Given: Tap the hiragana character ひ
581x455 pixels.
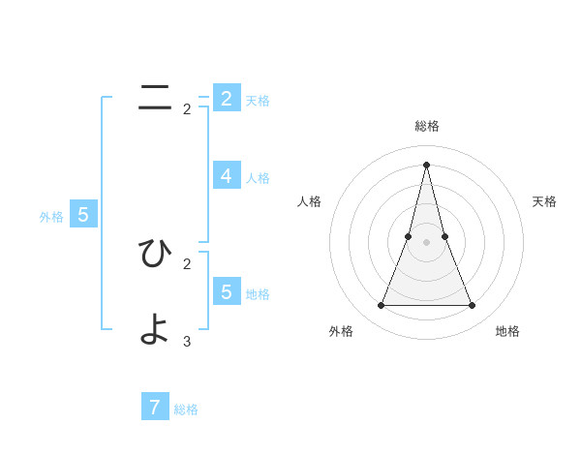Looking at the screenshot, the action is click(155, 253).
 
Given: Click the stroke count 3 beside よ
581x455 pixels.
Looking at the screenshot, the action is click(187, 341).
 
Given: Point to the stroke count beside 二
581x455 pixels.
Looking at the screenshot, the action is click(187, 109).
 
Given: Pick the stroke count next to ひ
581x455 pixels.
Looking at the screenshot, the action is click(187, 263).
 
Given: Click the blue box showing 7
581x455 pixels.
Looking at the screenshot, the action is click(154, 408).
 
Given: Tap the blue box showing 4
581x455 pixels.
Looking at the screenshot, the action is click(226, 175).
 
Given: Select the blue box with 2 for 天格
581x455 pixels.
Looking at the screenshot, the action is click(226, 98).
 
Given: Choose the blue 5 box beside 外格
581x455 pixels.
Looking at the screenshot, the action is click(82, 215).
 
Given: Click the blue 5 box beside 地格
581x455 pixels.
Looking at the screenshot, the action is click(226, 291).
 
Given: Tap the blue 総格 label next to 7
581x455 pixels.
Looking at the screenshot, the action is click(186, 409).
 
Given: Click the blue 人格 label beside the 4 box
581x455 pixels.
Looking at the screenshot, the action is click(258, 178).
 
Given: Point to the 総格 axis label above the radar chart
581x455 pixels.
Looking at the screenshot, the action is click(427, 126).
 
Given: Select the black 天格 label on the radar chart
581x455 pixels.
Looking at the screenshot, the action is click(544, 201).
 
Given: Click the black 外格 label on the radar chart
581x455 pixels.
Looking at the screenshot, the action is click(341, 331).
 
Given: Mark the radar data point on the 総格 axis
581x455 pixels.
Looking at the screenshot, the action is click(426, 164).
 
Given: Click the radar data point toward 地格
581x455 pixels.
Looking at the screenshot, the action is click(473, 306).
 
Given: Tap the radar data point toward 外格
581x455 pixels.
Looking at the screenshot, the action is click(381, 306).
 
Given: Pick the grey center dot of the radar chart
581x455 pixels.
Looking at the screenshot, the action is click(426, 242).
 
